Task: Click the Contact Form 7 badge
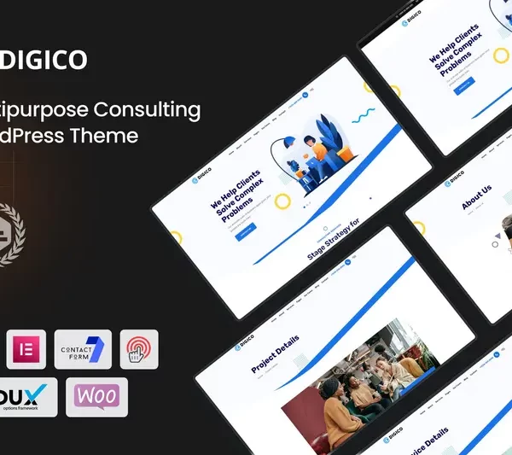tap(83, 349)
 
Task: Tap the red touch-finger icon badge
tap(138, 349)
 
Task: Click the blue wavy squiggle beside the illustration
tap(362, 113)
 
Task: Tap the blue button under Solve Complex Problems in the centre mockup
tap(245, 230)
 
